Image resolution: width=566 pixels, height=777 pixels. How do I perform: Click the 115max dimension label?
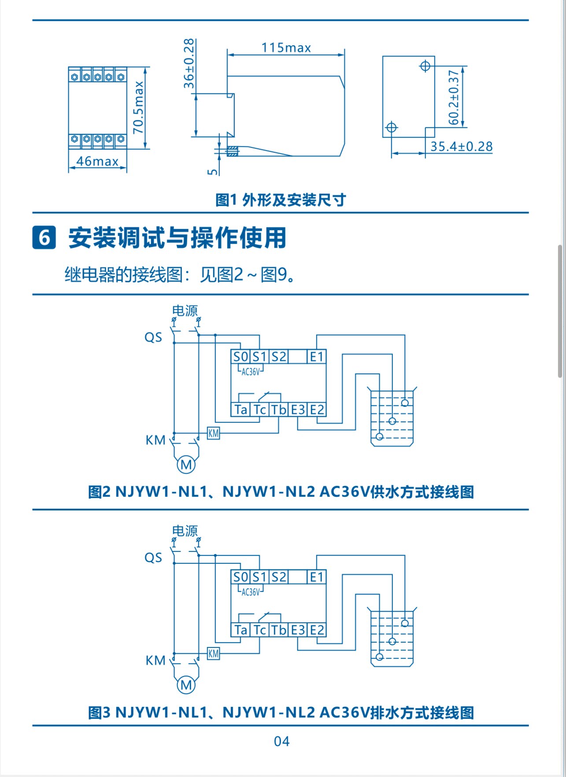pyautogui.click(x=286, y=48)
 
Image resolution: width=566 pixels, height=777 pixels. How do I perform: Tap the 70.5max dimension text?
pyautogui.click(x=138, y=107)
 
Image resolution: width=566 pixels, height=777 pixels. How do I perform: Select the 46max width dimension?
pyautogui.click(x=97, y=161)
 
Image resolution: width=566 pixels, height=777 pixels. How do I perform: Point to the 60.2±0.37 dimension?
pyautogui.click(x=454, y=97)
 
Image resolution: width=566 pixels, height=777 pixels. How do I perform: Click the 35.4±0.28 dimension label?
pyautogui.click(x=461, y=146)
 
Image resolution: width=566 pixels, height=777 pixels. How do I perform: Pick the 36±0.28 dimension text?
pyautogui.click(x=189, y=63)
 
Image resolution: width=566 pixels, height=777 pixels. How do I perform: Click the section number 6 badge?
pyautogui.click(x=44, y=237)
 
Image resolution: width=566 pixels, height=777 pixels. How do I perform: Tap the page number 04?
pyautogui.click(x=282, y=741)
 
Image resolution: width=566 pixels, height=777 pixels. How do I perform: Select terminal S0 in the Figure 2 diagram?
pyautogui.click(x=240, y=357)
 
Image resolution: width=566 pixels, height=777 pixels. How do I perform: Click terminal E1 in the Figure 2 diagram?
pyautogui.click(x=317, y=357)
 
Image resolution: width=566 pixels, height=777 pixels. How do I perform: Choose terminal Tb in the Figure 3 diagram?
pyautogui.click(x=279, y=630)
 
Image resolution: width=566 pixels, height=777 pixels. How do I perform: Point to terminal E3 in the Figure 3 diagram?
pyautogui.click(x=298, y=630)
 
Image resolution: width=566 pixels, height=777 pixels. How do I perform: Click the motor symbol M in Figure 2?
pyautogui.click(x=186, y=464)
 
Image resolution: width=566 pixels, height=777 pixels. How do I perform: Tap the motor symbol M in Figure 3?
pyautogui.click(x=186, y=684)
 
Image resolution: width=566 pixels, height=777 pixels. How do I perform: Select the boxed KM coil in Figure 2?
pyautogui.click(x=214, y=433)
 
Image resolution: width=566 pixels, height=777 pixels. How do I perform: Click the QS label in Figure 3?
pyautogui.click(x=153, y=558)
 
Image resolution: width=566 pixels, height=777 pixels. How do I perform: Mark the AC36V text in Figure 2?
pyautogui.click(x=251, y=372)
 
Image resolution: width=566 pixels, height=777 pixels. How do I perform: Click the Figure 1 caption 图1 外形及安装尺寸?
pyautogui.click(x=281, y=200)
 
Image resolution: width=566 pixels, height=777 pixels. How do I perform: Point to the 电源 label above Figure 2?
pyautogui.click(x=185, y=311)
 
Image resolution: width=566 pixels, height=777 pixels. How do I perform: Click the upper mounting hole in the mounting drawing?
pyautogui.click(x=425, y=66)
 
